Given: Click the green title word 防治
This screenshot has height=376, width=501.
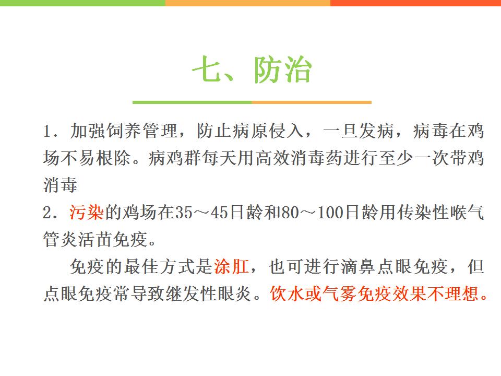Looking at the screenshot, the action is pyautogui.click(x=282, y=69).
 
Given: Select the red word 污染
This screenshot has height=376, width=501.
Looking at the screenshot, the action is pyautogui.click(x=86, y=213).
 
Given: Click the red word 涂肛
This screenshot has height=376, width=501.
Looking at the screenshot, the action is pyautogui.click(x=231, y=266).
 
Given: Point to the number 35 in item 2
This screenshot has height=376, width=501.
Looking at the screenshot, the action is pyautogui.click(x=184, y=213).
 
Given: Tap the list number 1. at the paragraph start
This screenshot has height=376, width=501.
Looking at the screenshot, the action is pyautogui.click(x=50, y=132).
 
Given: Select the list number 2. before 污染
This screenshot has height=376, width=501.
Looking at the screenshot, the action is pyautogui.click(x=50, y=213).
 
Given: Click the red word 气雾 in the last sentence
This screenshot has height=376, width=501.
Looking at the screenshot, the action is pyautogui.click(x=339, y=293).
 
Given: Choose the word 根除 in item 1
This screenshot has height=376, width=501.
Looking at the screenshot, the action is pyautogui.click(x=114, y=158).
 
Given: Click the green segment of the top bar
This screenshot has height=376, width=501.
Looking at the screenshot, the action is pyautogui.click(x=82, y=3).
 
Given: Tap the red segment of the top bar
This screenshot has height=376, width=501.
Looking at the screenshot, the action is pyautogui.click(x=416, y=3).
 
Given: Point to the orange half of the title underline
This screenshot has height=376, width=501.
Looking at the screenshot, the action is pyautogui.click(x=312, y=102).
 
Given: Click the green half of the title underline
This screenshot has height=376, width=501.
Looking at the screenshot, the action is pyautogui.click(x=192, y=102).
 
